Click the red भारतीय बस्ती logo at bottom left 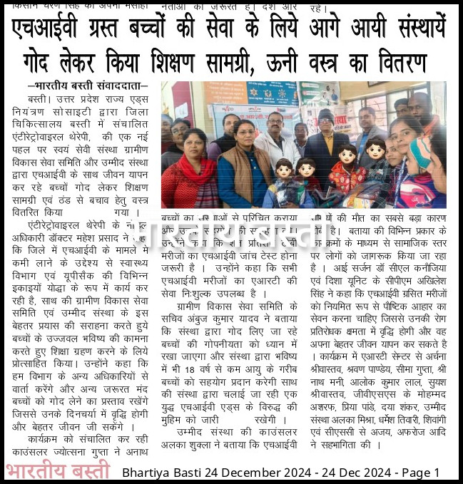[x=58, y=471]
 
